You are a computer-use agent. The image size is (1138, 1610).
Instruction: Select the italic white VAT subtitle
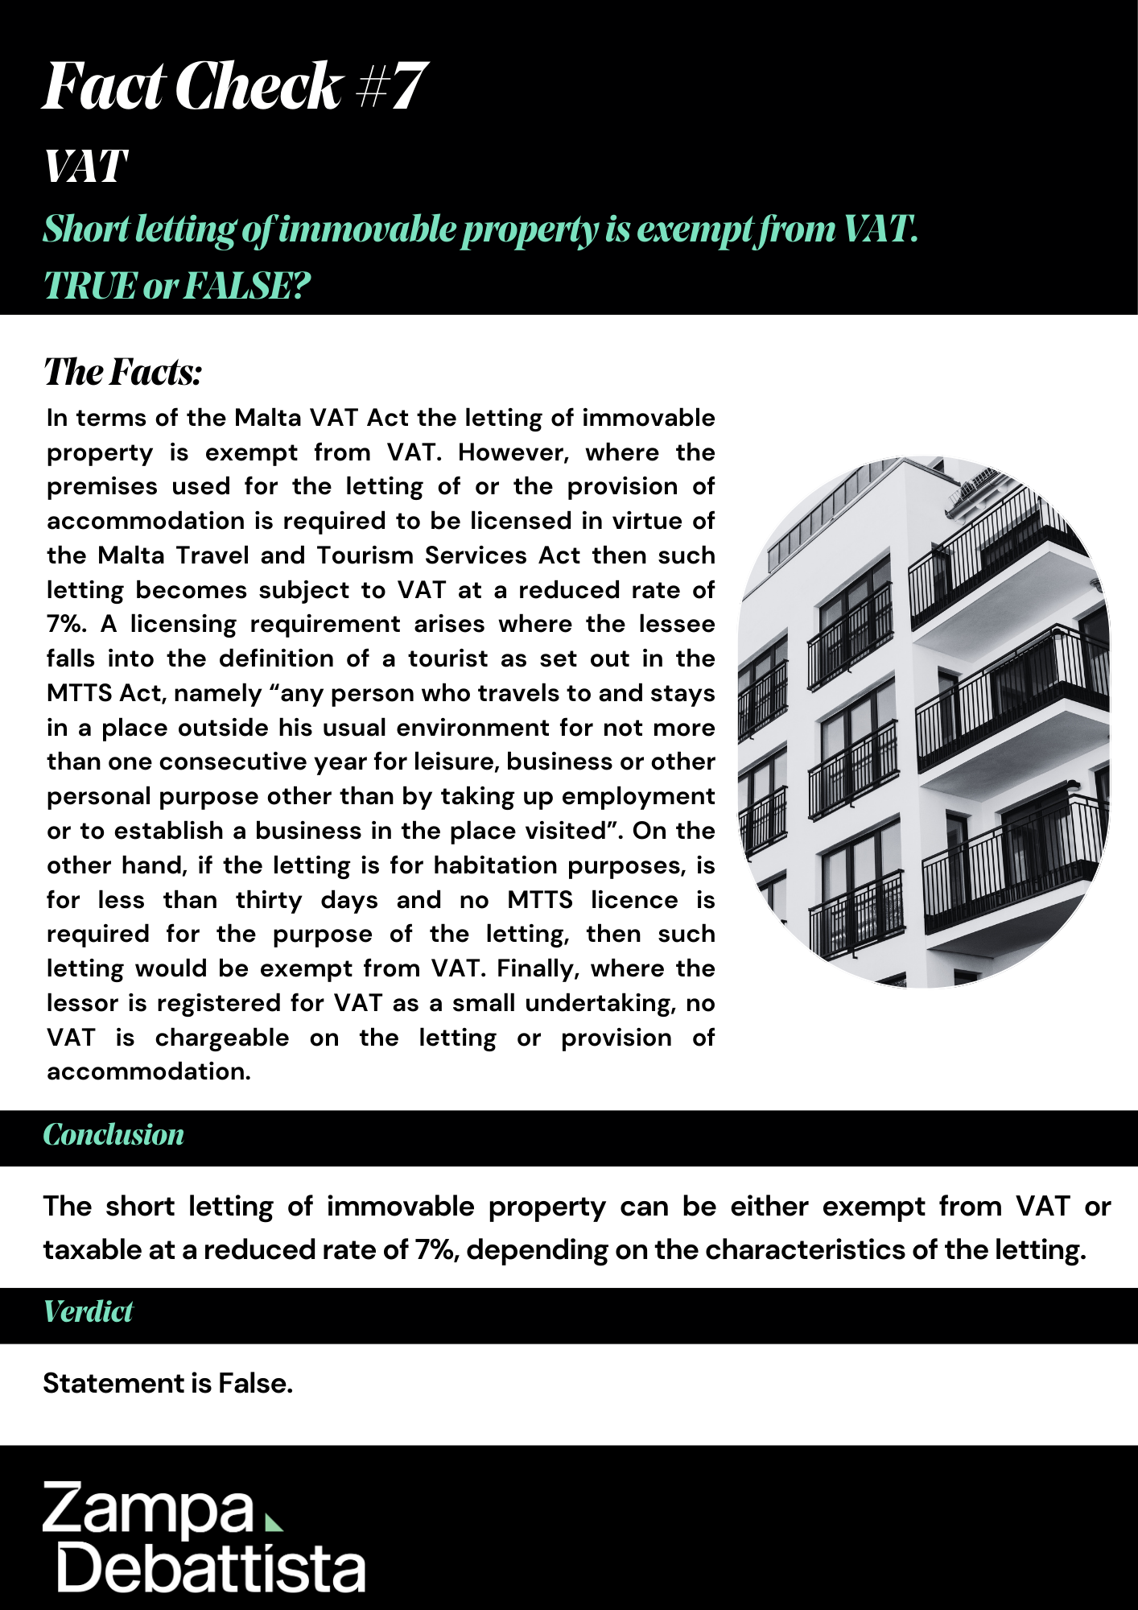pyautogui.click(x=85, y=167)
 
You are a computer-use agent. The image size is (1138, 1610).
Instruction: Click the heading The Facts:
pyautogui.click(x=122, y=372)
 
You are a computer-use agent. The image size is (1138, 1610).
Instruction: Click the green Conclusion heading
pyautogui.click(x=113, y=1135)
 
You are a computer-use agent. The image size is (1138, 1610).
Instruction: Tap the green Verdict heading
pyautogui.click(x=88, y=1312)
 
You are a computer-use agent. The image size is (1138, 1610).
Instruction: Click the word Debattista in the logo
pyautogui.click(x=211, y=1568)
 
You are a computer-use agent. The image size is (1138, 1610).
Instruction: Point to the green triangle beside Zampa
pyautogui.click(x=274, y=1522)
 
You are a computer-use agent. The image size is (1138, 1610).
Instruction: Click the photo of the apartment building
pyautogui.click(x=924, y=722)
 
